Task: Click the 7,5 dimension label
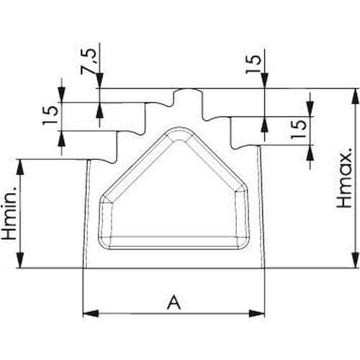click(x=87, y=62)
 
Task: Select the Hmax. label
click(x=344, y=178)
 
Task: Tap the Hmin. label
click(x=9, y=213)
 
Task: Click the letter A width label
click(x=174, y=302)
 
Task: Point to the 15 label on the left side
click(x=50, y=115)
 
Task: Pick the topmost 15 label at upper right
click(x=253, y=64)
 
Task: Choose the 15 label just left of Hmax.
click(x=299, y=130)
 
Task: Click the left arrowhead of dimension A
click(x=91, y=313)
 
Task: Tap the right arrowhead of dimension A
click(x=256, y=313)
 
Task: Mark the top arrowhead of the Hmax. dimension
click(x=355, y=96)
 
